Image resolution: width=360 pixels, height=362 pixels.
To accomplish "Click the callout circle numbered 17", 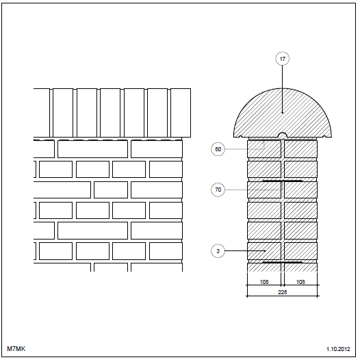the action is point(283,59).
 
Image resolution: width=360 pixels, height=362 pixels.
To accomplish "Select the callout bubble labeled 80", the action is point(218,149).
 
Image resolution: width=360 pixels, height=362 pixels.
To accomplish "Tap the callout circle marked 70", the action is point(218,190).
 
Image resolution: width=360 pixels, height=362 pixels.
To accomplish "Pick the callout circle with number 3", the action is point(218,251).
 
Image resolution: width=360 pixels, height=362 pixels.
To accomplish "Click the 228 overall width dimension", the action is point(283,292).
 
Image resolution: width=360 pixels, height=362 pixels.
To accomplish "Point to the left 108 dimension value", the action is point(264,282).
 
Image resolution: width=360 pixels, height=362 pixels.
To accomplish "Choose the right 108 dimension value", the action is point(300,282).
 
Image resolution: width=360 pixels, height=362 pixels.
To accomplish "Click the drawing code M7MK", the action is point(16,348).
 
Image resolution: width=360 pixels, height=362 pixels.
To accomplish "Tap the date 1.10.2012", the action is point(338,349).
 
